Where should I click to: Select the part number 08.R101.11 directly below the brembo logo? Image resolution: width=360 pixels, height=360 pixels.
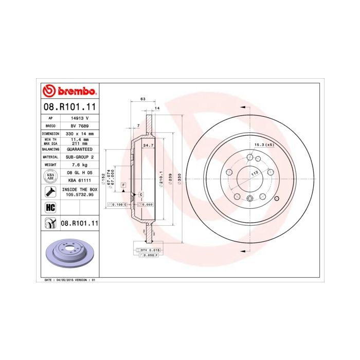pyautogui.click(x=69, y=107)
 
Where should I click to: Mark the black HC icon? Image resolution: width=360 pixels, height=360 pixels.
pyautogui.click(x=50, y=207)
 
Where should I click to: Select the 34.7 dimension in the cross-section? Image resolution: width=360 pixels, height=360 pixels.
pyautogui.click(x=148, y=147)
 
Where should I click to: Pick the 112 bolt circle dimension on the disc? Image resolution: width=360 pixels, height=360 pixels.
pyautogui.click(x=254, y=174)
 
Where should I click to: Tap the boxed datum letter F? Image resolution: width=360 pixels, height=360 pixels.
pyautogui.click(x=124, y=184)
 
